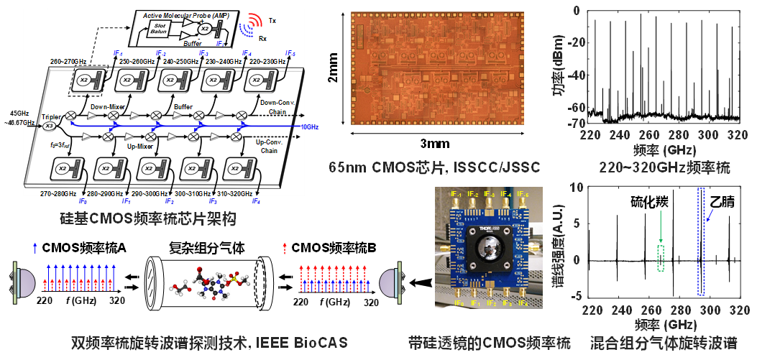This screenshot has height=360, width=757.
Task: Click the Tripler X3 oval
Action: tap(49, 126)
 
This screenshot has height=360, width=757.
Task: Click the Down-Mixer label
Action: tap(108, 106)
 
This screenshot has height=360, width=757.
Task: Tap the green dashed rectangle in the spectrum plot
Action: tap(661, 258)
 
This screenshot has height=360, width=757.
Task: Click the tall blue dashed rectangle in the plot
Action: tap(701, 241)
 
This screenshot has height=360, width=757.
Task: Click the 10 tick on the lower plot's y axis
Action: tap(582, 188)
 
